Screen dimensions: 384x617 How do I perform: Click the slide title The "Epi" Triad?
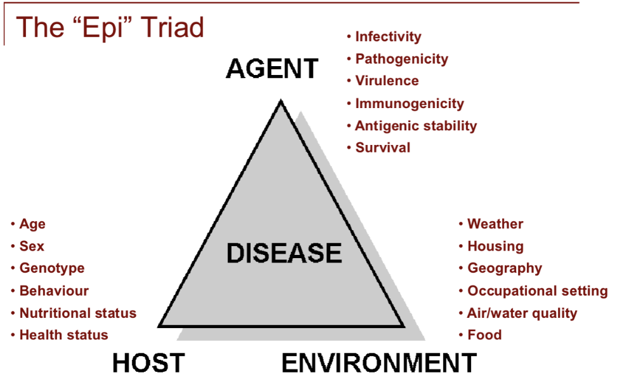[109, 28]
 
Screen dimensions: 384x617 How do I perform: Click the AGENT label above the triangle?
[272, 69]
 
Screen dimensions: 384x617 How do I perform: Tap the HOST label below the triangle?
[149, 363]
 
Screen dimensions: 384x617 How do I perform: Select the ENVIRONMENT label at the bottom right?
[379, 363]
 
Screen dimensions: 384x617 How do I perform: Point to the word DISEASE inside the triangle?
[284, 253]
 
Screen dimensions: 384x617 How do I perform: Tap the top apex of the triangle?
[280, 102]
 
